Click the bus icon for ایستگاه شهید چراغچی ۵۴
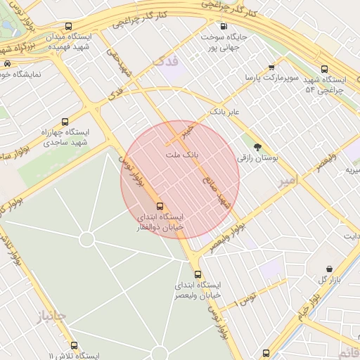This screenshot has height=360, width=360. click(x=324, y=69)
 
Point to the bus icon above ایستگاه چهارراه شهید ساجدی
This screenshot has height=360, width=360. click(x=65, y=121)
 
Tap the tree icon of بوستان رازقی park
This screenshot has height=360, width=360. click(x=257, y=147)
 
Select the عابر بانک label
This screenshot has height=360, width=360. click(x=225, y=112)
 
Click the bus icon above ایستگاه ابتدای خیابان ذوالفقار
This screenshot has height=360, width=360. click(x=160, y=206)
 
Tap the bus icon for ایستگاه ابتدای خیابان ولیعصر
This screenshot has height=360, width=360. click(x=198, y=274)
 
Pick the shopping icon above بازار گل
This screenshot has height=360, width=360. click(x=329, y=269)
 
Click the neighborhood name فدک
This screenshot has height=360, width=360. click(x=166, y=63)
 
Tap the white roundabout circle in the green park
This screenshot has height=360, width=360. click(x=86, y=240)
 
